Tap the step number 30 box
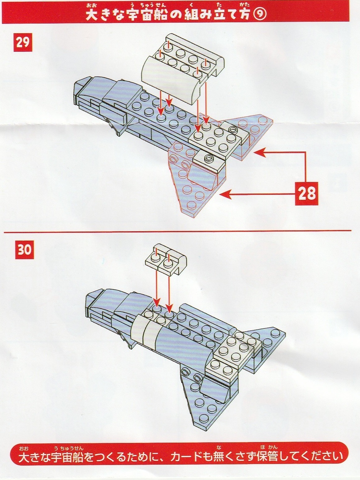(x=24, y=250)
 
